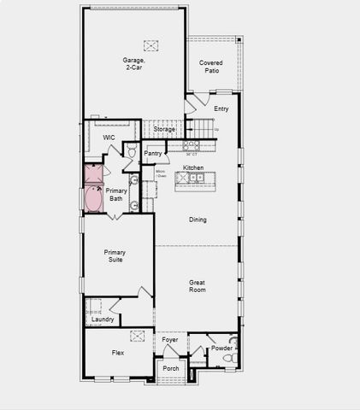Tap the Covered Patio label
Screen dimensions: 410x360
click(x=211, y=67)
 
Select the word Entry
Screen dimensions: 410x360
click(x=221, y=108)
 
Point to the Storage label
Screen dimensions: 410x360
click(x=164, y=129)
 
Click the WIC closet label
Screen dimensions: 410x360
click(x=109, y=137)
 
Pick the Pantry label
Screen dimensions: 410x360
click(x=153, y=153)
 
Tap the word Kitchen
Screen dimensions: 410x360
click(x=193, y=167)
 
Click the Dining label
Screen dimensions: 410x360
click(x=198, y=220)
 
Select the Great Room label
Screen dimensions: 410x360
click(x=198, y=286)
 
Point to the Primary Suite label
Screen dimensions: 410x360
click(x=115, y=255)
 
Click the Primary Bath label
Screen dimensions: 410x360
click(x=115, y=195)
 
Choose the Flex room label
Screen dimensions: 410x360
click(x=118, y=352)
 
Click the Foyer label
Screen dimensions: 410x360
click(x=170, y=340)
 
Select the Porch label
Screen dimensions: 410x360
click(x=171, y=369)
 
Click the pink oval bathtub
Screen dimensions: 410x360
click(x=93, y=199)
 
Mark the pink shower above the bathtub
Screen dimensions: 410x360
click(x=93, y=174)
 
